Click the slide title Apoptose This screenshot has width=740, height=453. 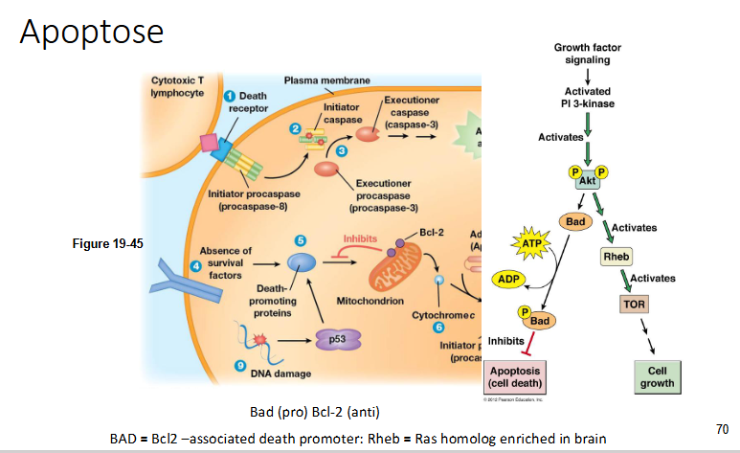coord(92,33)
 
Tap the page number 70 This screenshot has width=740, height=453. coord(722,428)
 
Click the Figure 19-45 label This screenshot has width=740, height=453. coord(108,243)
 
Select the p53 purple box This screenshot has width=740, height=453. coord(336,338)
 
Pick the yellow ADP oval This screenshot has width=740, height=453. coord(510,279)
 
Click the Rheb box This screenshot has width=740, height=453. coord(612,257)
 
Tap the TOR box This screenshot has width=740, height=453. coord(634,304)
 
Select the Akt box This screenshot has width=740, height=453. coord(588,180)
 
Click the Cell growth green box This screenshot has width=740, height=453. coord(656,376)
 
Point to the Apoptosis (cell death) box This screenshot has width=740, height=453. coord(515,376)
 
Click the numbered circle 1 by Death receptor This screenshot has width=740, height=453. coord(230,96)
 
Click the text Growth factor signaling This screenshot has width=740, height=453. coord(588,54)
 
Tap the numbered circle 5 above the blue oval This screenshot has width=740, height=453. coord(300,239)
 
